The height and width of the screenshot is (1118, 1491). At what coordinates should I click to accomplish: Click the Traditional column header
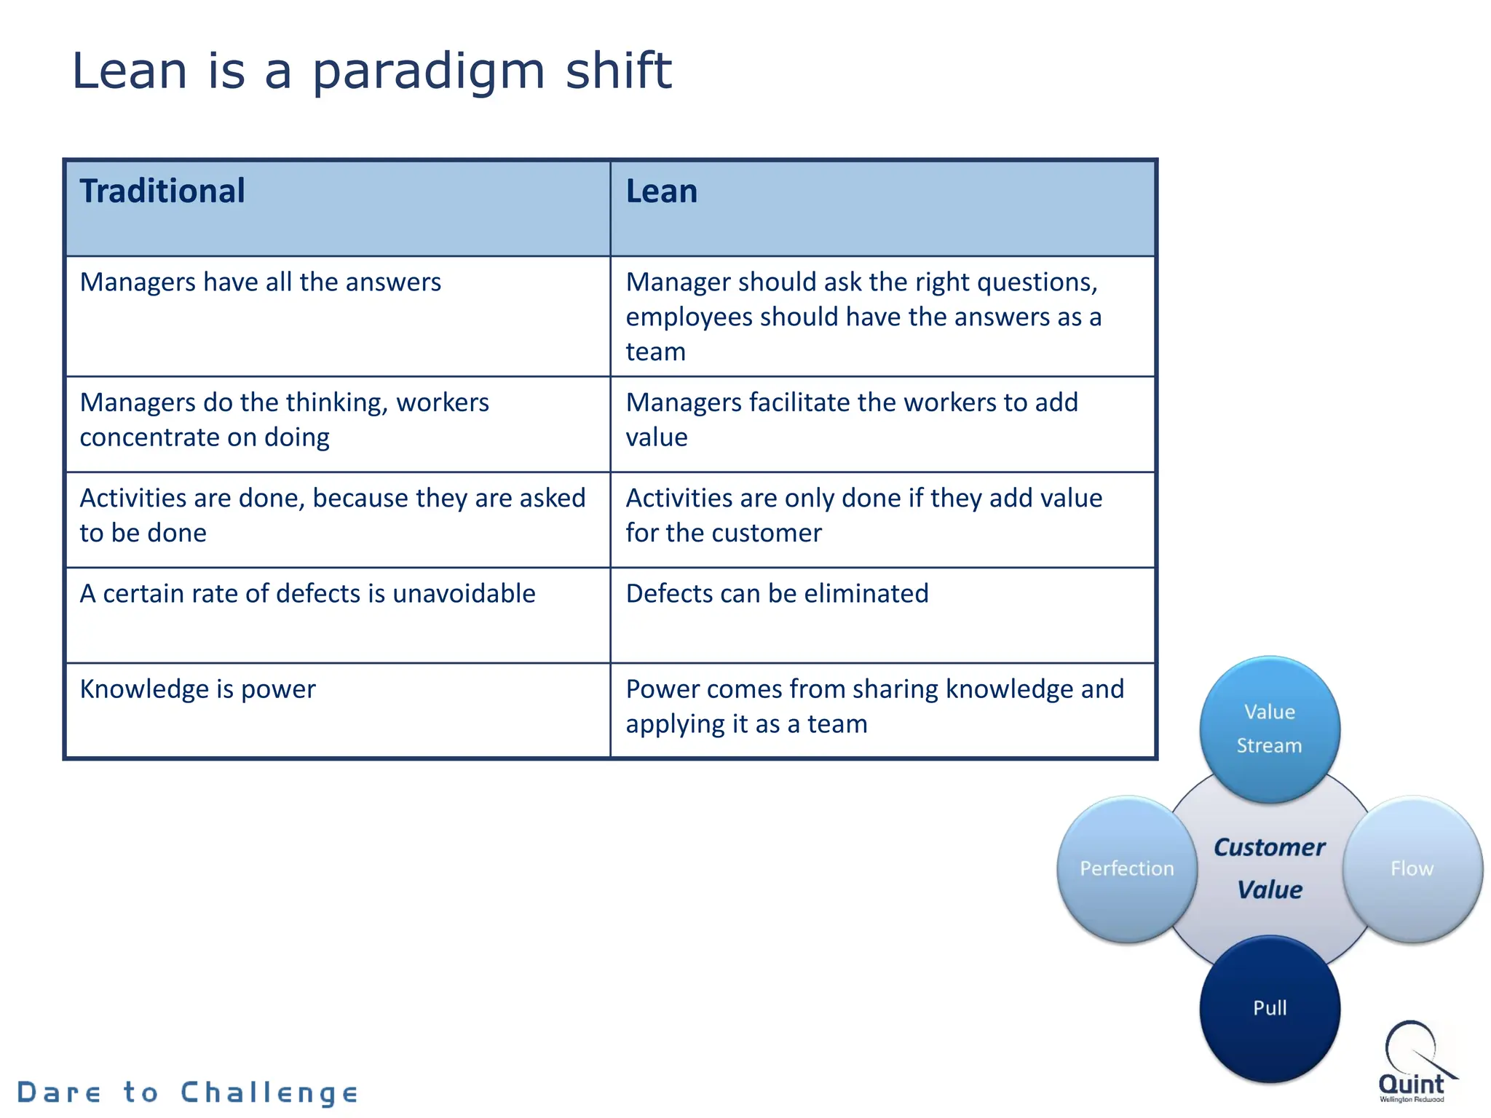point(162,191)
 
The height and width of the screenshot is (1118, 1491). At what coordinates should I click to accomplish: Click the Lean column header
point(661,191)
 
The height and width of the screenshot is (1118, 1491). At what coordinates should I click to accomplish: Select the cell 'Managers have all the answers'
point(260,282)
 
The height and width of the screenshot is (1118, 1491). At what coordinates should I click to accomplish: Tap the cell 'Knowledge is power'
point(197,689)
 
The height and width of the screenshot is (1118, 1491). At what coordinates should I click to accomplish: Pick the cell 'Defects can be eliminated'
point(777,594)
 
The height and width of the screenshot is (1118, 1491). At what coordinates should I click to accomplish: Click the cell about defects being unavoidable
point(307,594)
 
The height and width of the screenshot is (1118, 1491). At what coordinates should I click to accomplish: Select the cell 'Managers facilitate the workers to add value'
point(851,420)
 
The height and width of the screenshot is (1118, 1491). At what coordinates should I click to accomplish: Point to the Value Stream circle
point(1269,729)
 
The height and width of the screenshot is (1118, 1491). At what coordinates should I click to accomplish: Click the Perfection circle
point(1126,869)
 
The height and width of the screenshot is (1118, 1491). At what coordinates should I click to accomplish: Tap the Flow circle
point(1412,869)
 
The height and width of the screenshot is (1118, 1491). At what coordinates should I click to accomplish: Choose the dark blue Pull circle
point(1269,1009)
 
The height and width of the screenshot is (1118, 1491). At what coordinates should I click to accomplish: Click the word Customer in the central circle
point(1269,848)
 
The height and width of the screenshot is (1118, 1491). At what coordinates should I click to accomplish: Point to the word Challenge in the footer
point(269,1093)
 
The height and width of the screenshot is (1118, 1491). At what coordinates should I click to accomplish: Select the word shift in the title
point(618,71)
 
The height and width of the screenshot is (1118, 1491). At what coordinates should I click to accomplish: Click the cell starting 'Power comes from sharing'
point(874,707)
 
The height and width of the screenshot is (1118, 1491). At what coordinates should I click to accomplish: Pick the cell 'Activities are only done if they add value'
point(863,516)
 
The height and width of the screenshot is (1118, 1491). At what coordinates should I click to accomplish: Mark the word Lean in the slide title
point(130,71)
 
